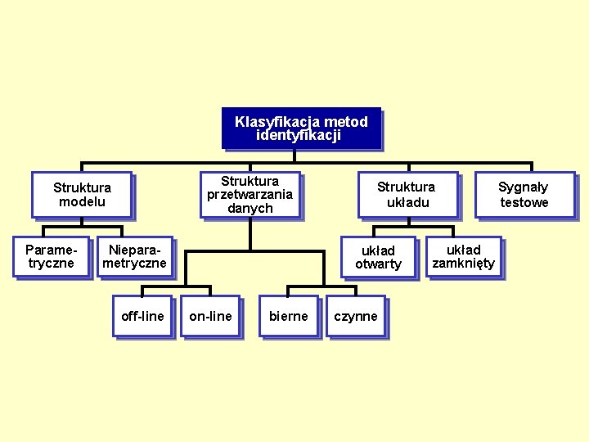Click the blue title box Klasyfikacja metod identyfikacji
(301, 129)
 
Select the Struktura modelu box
(82, 194)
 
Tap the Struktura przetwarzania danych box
(250, 194)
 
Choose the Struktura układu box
(407, 194)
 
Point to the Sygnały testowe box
(524, 194)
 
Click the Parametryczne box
(51, 256)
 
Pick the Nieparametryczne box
(134, 256)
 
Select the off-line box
(142, 316)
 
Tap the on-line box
(210, 316)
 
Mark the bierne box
(288, 316)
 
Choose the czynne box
(355, 316)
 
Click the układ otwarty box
(378, 257)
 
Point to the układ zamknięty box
(463, 256)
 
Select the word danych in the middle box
(250, 208)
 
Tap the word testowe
(524, 202)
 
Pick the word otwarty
(378, 264)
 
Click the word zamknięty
(463, 264)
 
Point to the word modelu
(82, 201)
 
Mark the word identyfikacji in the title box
(298, 136)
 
